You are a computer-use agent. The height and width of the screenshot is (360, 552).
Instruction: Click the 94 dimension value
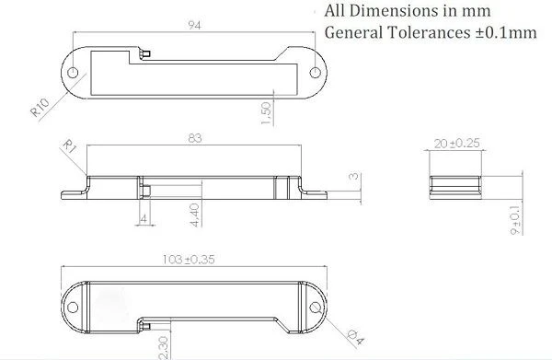pos(194,26)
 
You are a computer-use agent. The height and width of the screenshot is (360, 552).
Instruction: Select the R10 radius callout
pos(40,108)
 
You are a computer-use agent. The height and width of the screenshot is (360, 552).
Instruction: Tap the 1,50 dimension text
pos(266,113)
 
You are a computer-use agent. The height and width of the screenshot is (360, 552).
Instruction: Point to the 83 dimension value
pos(195,138)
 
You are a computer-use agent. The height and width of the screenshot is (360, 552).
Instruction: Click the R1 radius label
pos(69,146)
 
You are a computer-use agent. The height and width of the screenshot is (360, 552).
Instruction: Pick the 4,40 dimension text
pos(195,215)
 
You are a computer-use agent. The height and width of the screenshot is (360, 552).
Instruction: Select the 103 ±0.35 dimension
pos(189,260)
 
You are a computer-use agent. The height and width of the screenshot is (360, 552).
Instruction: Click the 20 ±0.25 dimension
pos(456,144)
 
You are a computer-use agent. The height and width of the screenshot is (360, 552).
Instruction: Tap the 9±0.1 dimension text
pos(515,220)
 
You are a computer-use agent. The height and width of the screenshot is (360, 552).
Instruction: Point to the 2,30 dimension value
pos(165,348)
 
